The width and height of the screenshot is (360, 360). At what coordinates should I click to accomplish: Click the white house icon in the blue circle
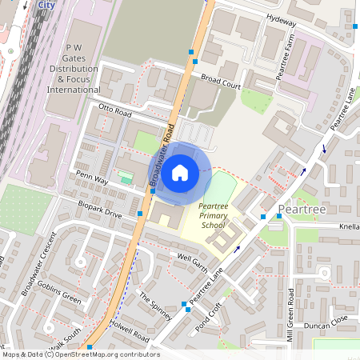180,171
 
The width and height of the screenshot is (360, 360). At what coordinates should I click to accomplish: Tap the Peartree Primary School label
214,216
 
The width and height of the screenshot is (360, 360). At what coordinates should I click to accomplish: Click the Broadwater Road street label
162,157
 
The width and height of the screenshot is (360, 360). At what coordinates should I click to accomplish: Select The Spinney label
155,305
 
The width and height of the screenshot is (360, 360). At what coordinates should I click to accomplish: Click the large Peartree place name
302,210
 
